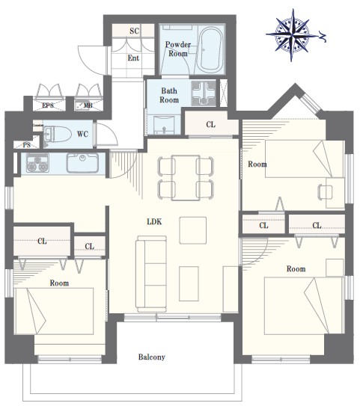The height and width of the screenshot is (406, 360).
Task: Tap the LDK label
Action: pos(154,221)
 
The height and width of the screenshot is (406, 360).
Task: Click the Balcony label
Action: pos(152,357)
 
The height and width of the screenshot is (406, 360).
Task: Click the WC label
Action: pos(82,134)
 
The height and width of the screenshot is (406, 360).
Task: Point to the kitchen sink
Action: pos(82,163)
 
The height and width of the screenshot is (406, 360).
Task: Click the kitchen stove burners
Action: pos(37,163)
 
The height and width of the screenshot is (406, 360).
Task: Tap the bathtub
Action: pos(210,49)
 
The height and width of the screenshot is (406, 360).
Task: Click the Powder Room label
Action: pos(178,49)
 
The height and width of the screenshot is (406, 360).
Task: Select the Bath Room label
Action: pos(169,95)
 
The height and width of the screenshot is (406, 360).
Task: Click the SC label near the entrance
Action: pos(135,31)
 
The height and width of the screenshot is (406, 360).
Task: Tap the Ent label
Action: pos(133,58)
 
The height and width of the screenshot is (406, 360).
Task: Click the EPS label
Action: pos(48,105)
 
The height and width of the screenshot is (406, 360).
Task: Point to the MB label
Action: pos(88,105)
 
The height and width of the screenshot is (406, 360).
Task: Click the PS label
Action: pos(27,145)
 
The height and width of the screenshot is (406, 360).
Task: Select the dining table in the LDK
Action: pos(186,178)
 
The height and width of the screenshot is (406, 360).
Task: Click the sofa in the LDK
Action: pos(152,274)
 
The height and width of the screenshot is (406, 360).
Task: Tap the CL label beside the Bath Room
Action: pos(211,125)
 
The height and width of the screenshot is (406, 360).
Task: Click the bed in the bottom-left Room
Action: pos(55,311)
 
